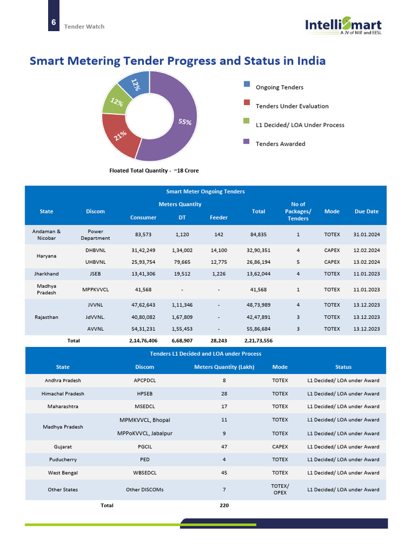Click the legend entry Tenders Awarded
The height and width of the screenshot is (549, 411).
point(280,144)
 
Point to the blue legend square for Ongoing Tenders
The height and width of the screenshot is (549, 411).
point(247,84)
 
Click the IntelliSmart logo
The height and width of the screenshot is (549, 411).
point(343,25)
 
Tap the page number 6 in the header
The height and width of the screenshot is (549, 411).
point(54,23)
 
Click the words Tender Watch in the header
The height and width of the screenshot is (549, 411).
point(84,26)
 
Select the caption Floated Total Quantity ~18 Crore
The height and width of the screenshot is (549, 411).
point(154,170)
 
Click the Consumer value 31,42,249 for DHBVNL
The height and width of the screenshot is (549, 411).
point(143,250)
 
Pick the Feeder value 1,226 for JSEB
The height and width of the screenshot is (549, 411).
point(218,274)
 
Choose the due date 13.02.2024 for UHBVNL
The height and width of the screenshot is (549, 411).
point(367,262)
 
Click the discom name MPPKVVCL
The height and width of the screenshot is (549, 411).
point(95,290)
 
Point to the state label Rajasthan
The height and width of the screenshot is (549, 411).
point(46,317)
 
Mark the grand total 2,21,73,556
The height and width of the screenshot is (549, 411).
point(258,340)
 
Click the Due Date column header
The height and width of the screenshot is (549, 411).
point(367,211)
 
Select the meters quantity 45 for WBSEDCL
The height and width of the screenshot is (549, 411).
point(224,473)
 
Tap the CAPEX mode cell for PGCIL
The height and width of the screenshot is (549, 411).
point(280,447)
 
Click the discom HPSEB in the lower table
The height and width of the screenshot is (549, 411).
point(144,394)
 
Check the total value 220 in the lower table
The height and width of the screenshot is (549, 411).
point(224,505)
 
